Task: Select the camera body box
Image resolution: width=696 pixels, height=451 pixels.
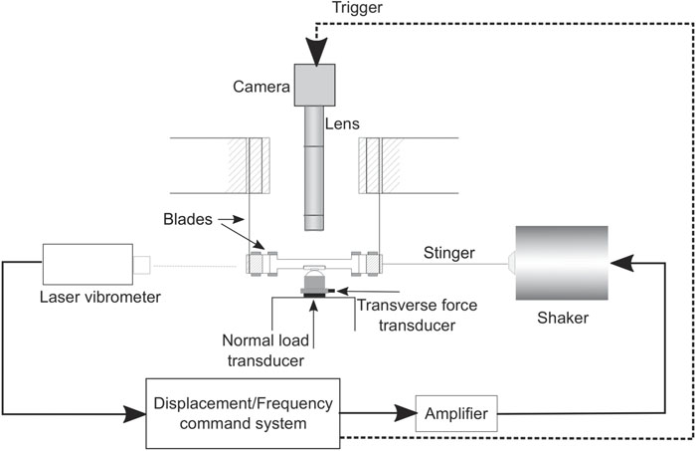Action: coord(314,83)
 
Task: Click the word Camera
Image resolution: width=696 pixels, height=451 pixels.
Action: coord(261,88)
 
